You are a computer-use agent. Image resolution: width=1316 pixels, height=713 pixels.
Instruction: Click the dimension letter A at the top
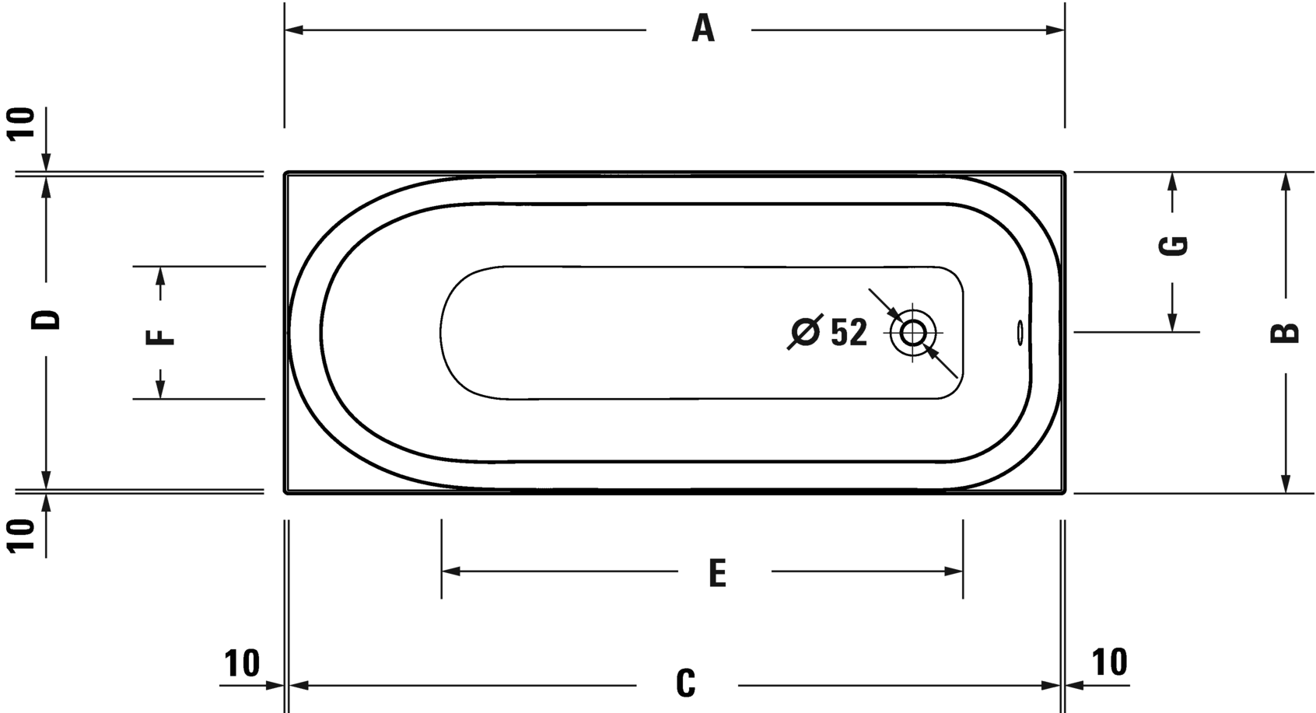(702, 29)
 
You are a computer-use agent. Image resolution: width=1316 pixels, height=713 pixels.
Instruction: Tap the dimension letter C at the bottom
(686, 683)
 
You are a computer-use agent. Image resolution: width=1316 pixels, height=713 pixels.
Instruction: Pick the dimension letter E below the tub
(717, 573)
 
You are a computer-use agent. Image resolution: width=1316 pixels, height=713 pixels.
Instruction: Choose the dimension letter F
(159, 337)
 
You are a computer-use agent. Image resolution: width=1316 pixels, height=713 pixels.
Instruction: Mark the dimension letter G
(1173, 246)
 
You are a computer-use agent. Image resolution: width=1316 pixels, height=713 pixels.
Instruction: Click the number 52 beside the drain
(849, 333)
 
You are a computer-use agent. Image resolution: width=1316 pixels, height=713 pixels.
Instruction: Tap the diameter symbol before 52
(805, 332)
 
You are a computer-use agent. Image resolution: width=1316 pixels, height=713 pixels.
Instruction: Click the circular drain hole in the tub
(912, 333)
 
